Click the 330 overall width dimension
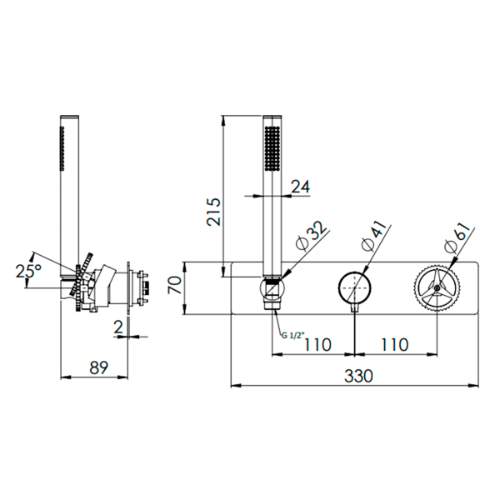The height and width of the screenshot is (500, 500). click(358, 377)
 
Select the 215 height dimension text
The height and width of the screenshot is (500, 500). click(213, 212)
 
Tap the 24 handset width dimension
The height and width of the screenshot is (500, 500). click(300, 187)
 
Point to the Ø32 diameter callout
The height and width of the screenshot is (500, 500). click(311, 236)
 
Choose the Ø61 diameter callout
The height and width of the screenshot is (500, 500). click(457, 236)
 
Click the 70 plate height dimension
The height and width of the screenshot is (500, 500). click(175, 285)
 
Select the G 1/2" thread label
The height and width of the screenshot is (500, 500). click(293, 335)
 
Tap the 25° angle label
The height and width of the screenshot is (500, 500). click(28, 272)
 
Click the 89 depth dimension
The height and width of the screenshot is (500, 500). click(98, 367)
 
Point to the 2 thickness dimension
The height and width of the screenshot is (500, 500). click(118, 327)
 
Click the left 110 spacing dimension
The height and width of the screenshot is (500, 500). click(318, 345)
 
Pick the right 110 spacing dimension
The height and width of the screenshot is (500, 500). click(395, 345)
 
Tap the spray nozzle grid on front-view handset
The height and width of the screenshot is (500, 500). click(272, 150)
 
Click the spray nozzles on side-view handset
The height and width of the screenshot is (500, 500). click(62, 147)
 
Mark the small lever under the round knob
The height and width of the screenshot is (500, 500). click(355, 308)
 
